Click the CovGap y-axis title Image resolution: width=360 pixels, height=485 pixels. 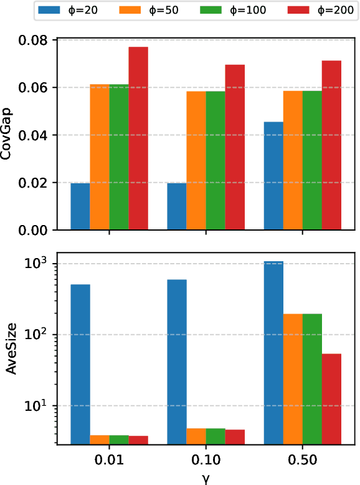7,135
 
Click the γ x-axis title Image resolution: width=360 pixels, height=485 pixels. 205,478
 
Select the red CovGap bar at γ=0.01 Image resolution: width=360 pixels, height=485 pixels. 138,138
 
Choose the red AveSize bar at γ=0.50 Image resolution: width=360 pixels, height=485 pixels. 332,399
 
